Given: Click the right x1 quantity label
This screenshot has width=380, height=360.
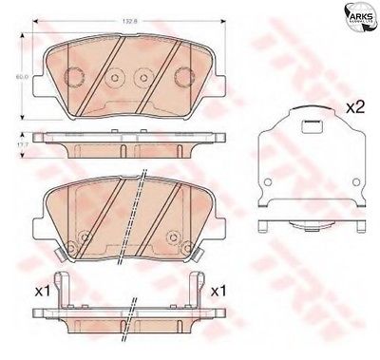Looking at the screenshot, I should point(219,290).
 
